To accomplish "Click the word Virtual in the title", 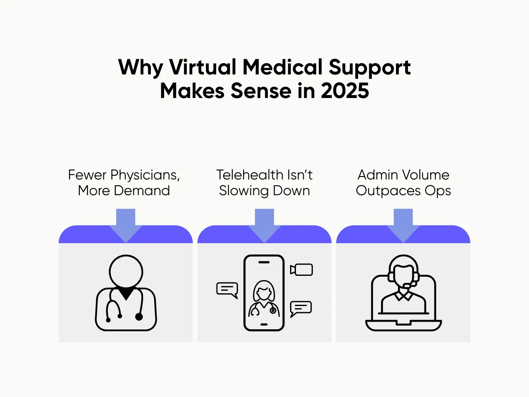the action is point(203,67).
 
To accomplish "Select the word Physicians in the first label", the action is point(145,175).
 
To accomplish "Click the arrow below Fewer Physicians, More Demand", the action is point(126,225).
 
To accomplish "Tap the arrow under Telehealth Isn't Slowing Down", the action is point(264,225).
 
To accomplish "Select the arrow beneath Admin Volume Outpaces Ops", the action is point(403,225).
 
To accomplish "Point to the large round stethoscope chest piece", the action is point(139,317).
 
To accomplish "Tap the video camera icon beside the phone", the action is point(302,270).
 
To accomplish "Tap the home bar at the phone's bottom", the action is point(264,324).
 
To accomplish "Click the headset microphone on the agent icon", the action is point(407,285).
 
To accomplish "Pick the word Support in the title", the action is point(369,67).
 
